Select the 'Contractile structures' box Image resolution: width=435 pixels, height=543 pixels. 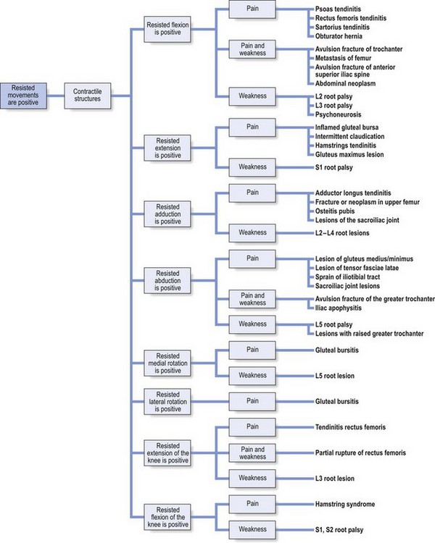[x=89, y=95]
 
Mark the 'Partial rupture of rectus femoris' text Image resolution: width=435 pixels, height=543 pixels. [x=360, y=452]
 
